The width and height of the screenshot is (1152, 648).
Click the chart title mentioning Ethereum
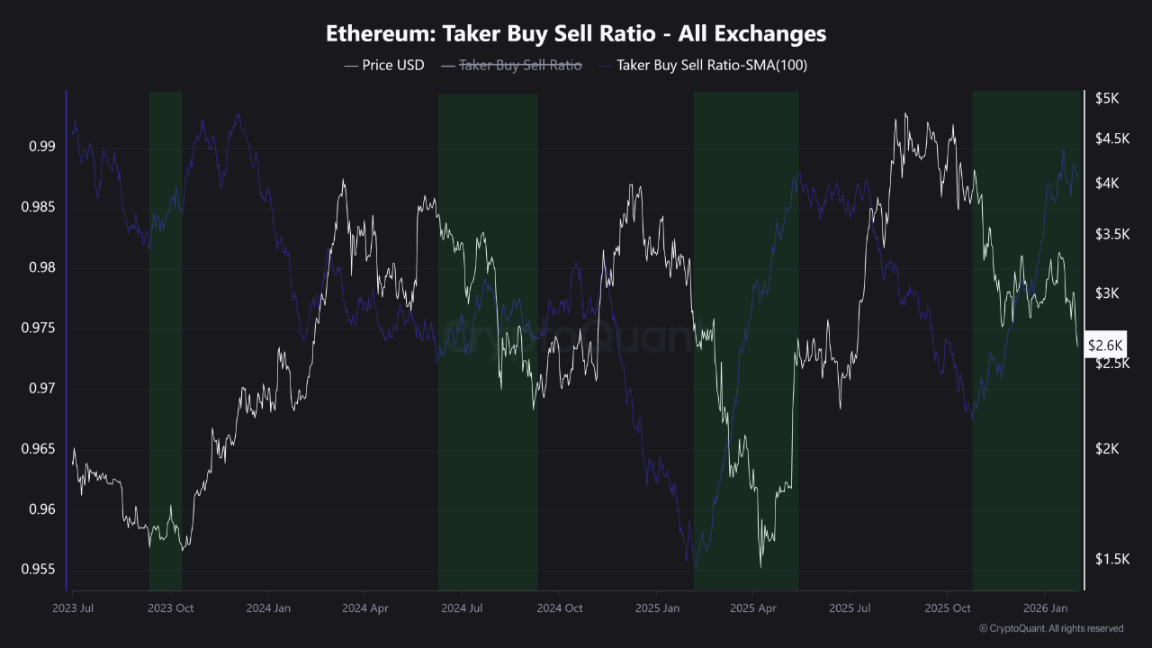[576, 34]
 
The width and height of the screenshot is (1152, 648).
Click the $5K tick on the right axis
[1107, 99]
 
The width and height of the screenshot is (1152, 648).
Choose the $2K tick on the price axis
[1107, 449]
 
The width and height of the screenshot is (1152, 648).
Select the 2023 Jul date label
[74, 608]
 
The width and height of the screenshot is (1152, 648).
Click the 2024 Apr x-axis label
[365, 608]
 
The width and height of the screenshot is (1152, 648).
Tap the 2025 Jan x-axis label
[658, 608]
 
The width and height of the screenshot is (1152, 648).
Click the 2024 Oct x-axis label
[560, 608]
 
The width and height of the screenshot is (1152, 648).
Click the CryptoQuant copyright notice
[1050, 628]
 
